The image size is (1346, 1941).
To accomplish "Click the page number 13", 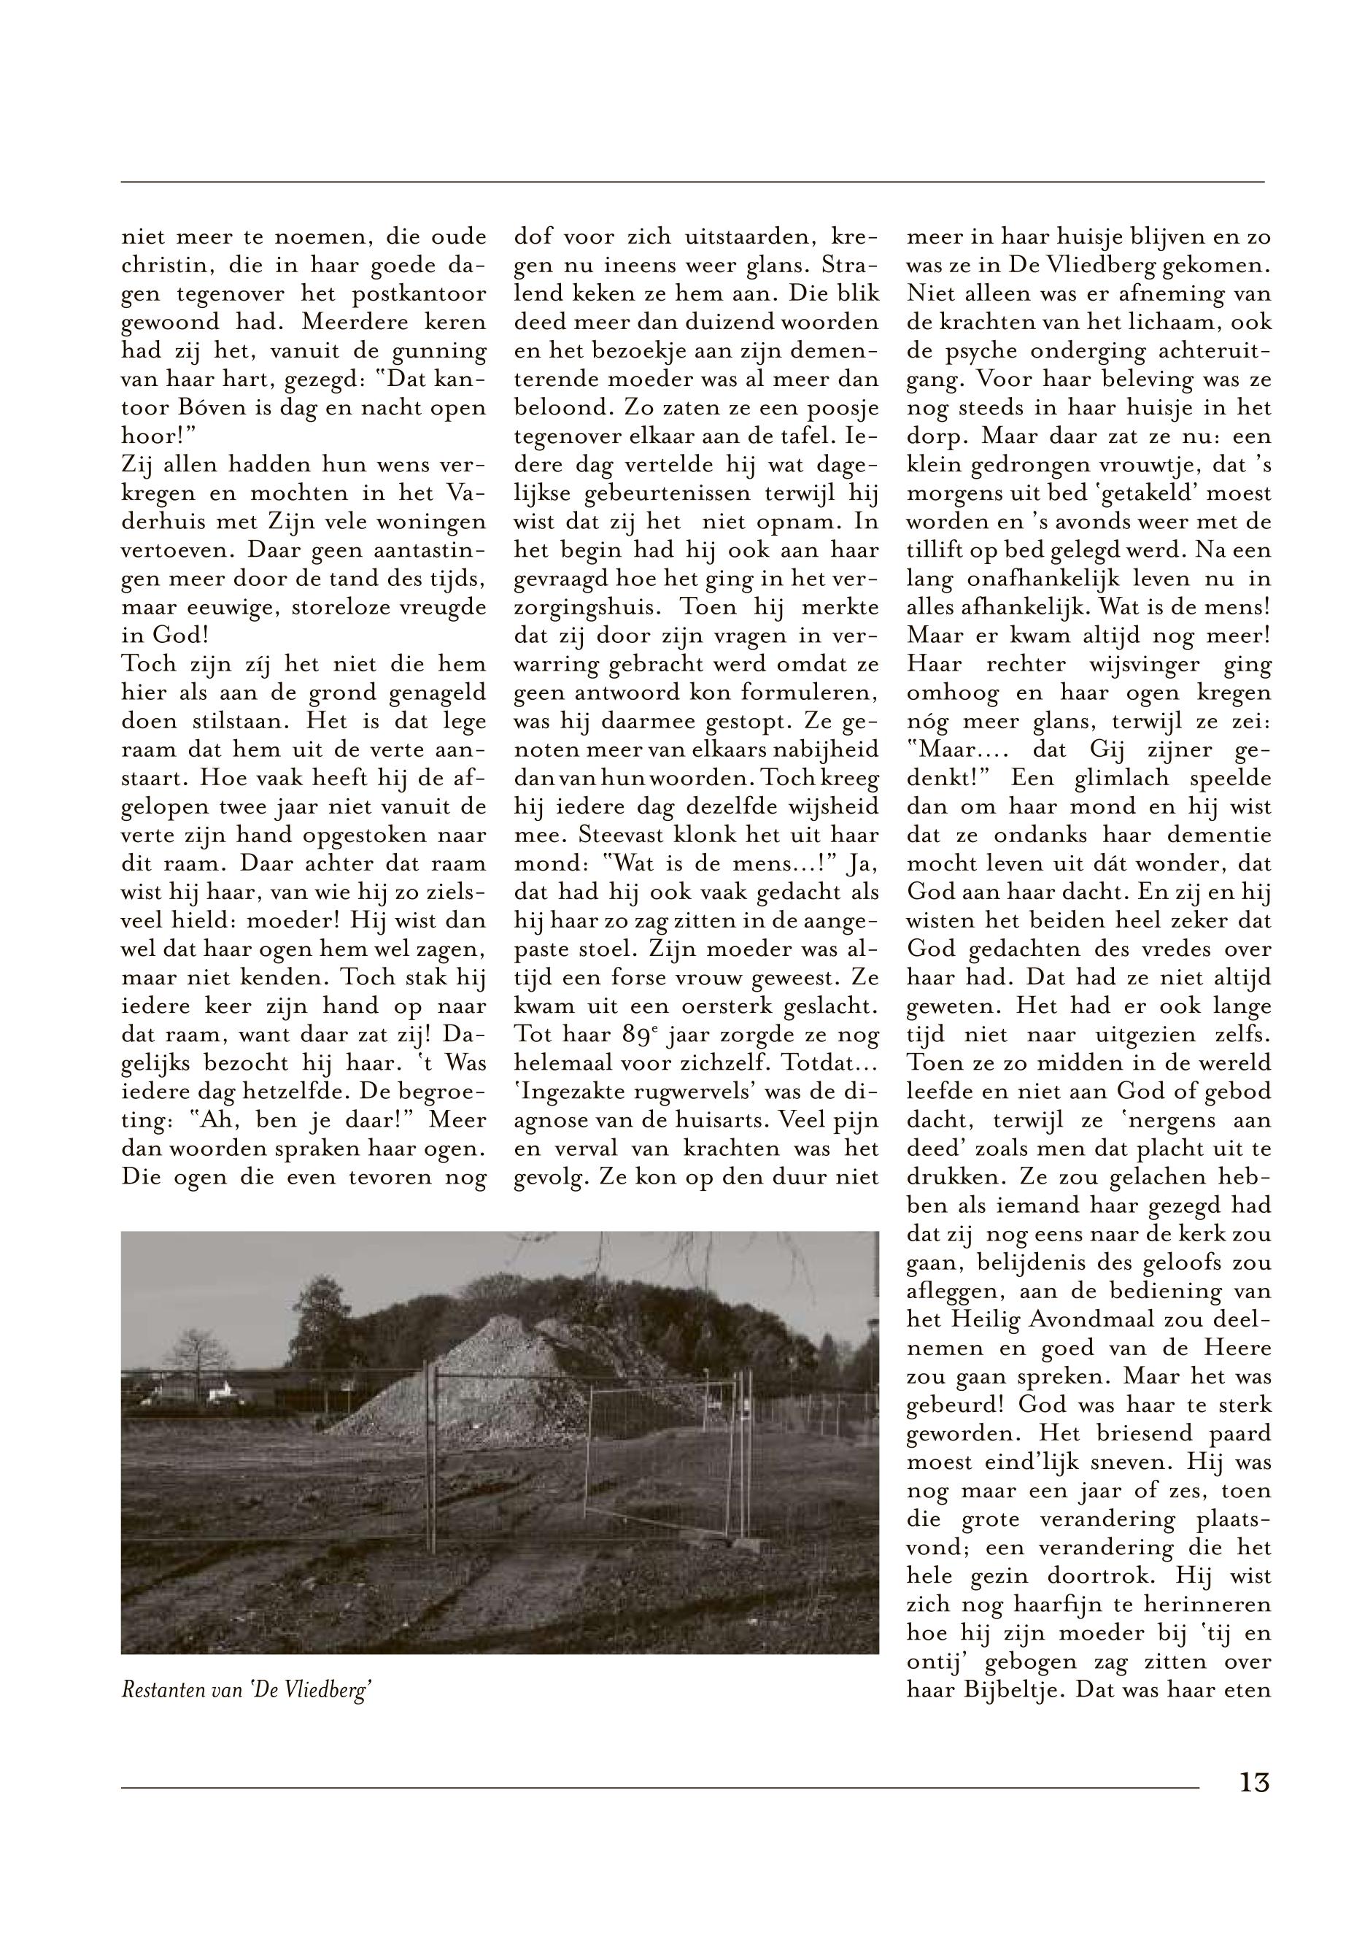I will tap(1254, 1806).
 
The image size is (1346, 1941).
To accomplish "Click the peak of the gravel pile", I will tap(503, 1320).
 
